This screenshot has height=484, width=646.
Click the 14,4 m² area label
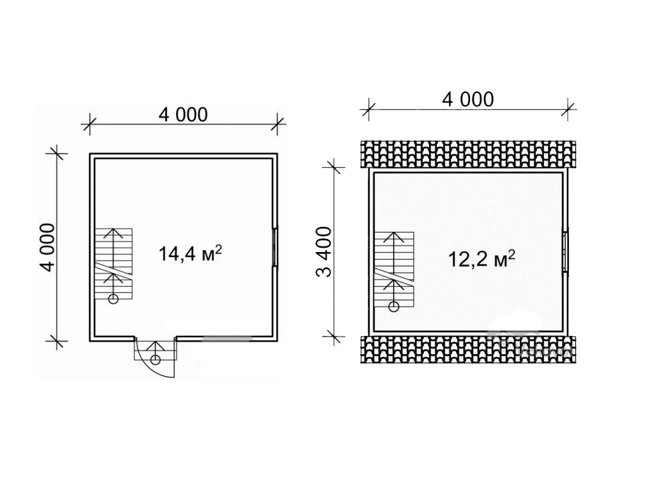click(191, 253)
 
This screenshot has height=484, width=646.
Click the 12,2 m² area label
click(481, 258)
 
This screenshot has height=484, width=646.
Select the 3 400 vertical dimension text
click(324, 252)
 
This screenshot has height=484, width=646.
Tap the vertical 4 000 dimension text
click(47, 247)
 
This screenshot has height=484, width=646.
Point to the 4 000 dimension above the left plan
click(183, 115)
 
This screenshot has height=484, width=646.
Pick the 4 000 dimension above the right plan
click(467, 100)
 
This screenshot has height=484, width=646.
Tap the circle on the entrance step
click(155, 360)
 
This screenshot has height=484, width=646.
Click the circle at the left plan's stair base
click(113, 299)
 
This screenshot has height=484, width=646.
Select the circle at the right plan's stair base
click(394, 306)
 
